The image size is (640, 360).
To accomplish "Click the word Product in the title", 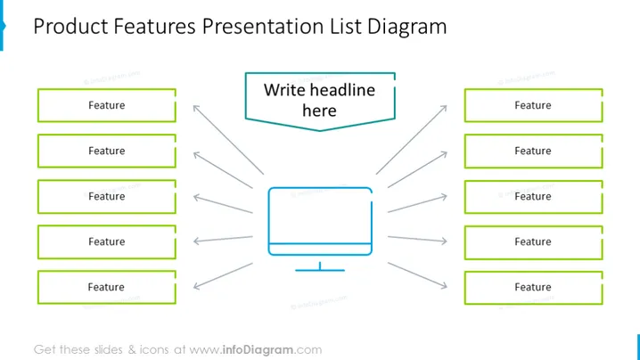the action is click(71, 26).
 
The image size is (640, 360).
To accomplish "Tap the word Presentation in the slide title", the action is click(263, 26).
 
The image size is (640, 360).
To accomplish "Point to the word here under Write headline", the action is click(320, 110).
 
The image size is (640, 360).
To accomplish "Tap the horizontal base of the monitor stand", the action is click(320, 270).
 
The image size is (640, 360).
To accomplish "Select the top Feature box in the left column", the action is click(107, 105).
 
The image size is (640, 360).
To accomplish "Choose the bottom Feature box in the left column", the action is click(107, 287).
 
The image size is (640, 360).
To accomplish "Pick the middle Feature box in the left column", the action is click(107, 196).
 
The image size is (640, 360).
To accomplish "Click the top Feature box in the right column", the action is click(533, 105).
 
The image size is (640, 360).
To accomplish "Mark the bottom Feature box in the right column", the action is click(533, 288).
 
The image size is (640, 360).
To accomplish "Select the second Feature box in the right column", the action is click(533, 151).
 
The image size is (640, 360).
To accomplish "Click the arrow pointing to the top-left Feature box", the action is click(228, 140).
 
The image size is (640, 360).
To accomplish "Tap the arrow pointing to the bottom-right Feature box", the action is click(417, 275).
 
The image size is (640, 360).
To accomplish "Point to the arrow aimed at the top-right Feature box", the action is click(412, 140).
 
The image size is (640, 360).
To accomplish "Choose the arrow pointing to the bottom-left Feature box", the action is click(223, 276).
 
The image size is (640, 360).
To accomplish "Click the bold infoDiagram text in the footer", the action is click(258, 350).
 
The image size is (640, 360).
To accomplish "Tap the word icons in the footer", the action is click(154, 350).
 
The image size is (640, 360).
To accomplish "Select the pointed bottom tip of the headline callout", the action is click(320, 131).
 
